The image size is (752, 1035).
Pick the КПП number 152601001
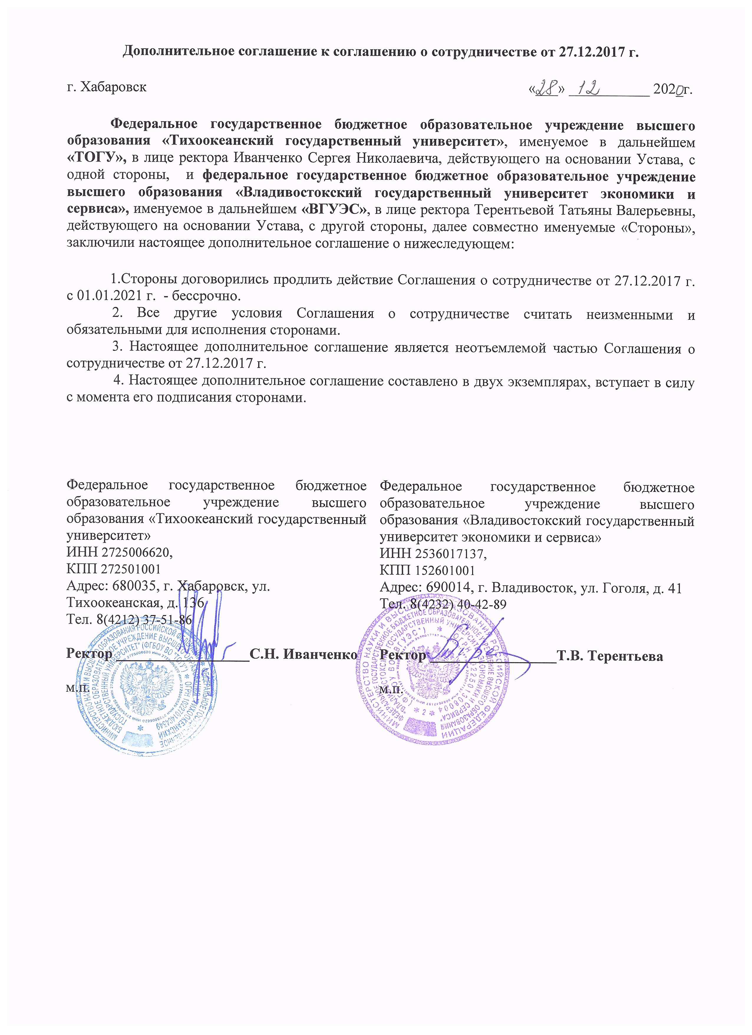click(x=445, y=571)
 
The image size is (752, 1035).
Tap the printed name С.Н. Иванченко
click(x=303, y=654)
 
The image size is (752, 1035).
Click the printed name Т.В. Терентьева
click(x=610, y=656)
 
